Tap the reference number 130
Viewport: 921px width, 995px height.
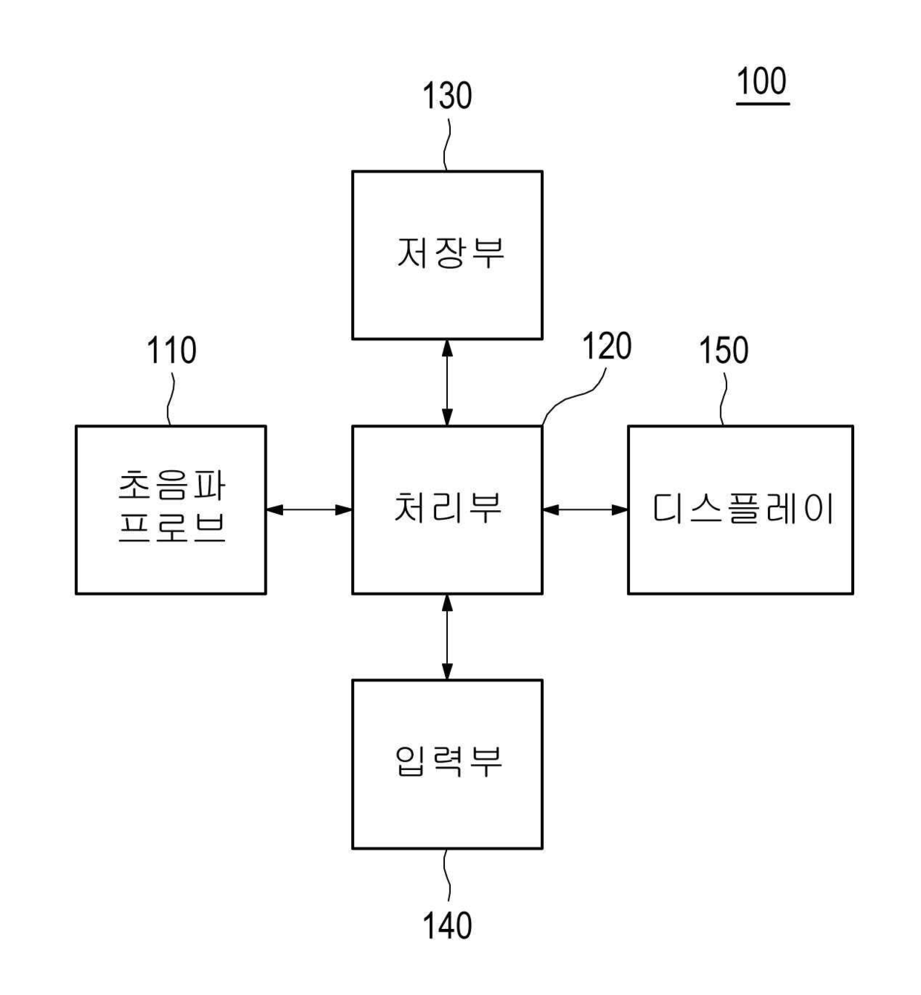447,97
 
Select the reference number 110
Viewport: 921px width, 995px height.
172,350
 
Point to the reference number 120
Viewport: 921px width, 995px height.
606,347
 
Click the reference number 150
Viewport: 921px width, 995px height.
723,350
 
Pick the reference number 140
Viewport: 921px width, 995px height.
447,925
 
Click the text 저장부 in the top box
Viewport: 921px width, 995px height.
450,252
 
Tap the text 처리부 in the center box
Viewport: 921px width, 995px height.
447,509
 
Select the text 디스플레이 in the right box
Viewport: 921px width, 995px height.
742,509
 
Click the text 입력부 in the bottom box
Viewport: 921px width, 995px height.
448,762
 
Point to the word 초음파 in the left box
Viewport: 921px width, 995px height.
172,486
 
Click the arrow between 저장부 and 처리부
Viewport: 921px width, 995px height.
446,382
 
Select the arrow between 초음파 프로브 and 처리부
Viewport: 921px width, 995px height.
309,509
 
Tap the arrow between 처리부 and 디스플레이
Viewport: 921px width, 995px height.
585,509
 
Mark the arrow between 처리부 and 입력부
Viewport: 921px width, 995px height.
446,636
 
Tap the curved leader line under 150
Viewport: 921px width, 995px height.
724,397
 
